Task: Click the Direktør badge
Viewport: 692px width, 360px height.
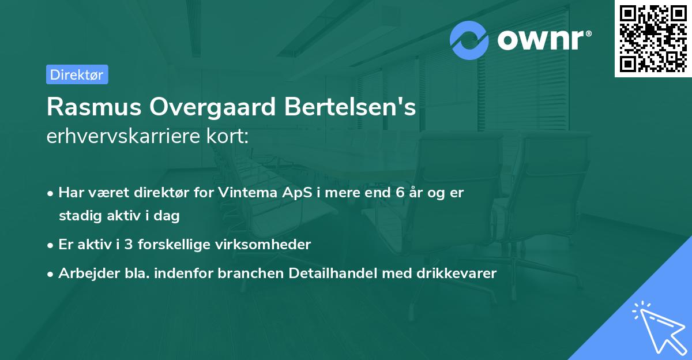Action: click(x=77, y=74)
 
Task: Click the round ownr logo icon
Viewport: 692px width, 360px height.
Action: click(x=469, y=40)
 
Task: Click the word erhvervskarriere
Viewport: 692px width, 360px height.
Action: click(x=121, y=137)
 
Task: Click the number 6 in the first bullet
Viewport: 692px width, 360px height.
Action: click(x=400, y=193)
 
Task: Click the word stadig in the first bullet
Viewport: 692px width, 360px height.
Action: click(x=78, y=216)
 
